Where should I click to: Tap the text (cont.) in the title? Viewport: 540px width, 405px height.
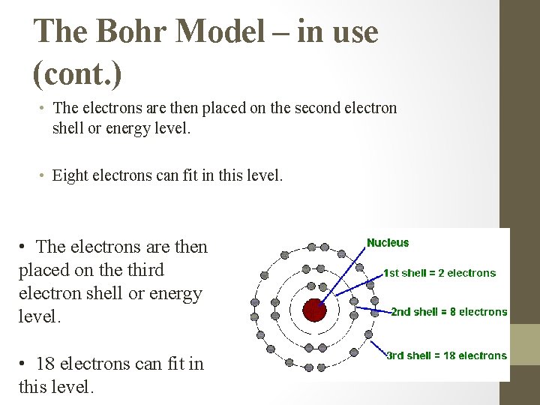click(77, 73)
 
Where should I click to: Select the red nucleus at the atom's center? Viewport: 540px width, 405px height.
click(313, 309)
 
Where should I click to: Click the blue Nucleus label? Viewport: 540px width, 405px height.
click(388, 242)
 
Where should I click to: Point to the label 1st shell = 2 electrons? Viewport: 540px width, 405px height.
click(439, 273)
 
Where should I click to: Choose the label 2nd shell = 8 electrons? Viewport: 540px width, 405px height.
click(449, 312)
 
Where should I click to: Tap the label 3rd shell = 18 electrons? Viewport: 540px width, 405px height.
click(446, 355)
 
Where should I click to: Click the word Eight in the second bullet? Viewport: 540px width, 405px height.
click(70, 175)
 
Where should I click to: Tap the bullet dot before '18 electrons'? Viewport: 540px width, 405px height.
click(25, 364)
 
